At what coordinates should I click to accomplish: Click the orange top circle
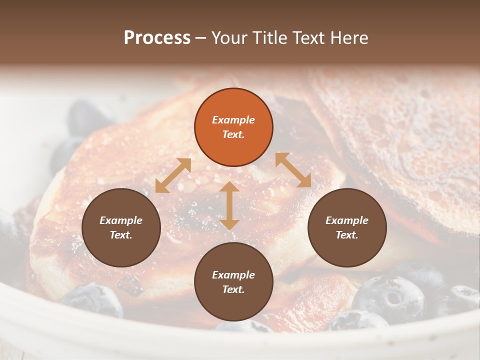tap(233, 127)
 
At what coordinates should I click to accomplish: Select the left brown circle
tap(121, 227)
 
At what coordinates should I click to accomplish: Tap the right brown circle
tap(347, 227)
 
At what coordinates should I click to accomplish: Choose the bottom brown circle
tap(233, 282)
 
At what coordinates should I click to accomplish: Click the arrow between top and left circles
tap(173, 175)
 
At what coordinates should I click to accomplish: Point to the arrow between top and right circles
tap(293, 170)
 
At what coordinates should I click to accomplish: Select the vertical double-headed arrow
tap(229, 205)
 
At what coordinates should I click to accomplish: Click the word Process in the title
tap(157, 37)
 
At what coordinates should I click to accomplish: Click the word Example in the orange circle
tap(233, 120)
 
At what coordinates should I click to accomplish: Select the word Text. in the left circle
tap(121, 235)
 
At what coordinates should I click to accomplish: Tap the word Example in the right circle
tap(347, 220)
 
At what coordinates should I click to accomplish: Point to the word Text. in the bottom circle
tap(233, 289)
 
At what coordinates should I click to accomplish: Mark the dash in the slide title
tap(201, 38)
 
